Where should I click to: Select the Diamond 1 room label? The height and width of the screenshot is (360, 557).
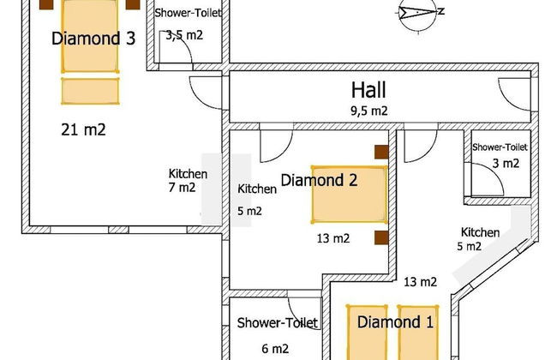click(395, 323)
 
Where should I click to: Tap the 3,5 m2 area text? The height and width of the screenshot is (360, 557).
click(184, 34)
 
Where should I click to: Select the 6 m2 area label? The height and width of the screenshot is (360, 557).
click(274, 349)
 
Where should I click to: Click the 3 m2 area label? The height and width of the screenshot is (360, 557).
click(505, 163)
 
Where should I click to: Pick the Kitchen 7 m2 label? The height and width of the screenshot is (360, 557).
click(188, 180)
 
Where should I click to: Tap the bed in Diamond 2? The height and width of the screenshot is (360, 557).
click(349, 195)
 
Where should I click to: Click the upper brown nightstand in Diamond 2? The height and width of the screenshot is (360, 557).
click(381, 153)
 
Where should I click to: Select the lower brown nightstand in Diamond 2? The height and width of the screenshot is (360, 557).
click(381, 237)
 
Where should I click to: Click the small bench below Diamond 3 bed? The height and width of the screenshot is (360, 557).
click(90, 91)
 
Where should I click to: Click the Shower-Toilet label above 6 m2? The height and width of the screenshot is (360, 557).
click(278, 322)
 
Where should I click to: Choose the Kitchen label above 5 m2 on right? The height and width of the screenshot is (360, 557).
click(480, 232)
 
